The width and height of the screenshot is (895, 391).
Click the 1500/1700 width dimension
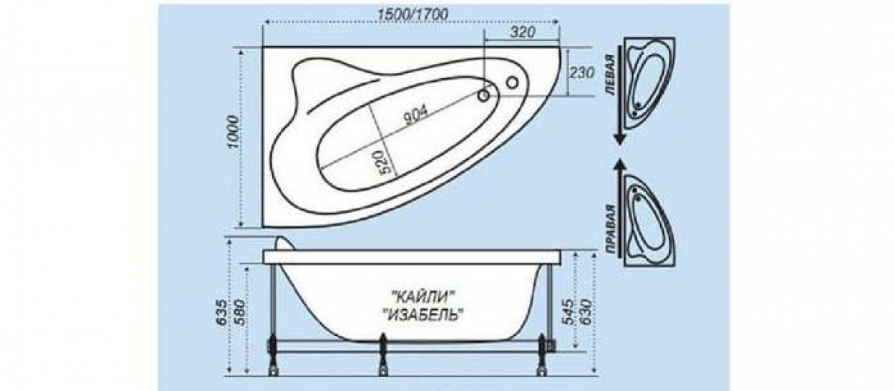pyautogui.click(x=413, y=14)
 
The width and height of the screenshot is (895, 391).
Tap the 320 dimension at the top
pyautogui.click(x=522, y=32)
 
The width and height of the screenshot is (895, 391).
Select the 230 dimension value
pyautogui.click(x=581, y=73)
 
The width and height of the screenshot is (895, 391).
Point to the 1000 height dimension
pyautogui.click(x=232, y=132)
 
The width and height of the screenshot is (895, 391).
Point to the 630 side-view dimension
pyautogui.click(x=588, y=312)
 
